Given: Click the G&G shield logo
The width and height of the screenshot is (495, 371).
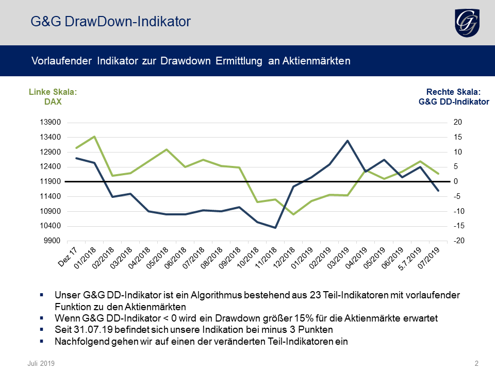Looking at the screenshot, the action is point(467,23).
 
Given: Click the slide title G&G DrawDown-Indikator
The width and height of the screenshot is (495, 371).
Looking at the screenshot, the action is point(110,22).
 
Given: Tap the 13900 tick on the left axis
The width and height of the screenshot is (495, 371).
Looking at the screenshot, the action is point(50,123).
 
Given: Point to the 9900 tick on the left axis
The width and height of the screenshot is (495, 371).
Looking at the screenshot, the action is point(52,241).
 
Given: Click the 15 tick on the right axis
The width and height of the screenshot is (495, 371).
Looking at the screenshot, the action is point(458,137).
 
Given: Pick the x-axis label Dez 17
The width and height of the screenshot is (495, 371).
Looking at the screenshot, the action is point(68,257).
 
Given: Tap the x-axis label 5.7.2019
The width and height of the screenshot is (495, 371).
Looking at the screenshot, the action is point(410,259).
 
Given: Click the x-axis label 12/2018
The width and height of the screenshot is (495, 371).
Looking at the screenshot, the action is point(284,258).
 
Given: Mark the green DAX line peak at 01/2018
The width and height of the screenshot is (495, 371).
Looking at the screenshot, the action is point(94,137).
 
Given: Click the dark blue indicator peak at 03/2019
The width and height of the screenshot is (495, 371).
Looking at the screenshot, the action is point(347,141).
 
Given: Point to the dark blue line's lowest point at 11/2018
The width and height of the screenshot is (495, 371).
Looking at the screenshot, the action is point(275,227).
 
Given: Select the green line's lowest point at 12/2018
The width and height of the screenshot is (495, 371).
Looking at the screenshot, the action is point(293,214).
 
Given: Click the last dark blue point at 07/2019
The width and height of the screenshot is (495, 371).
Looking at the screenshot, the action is point(438,191).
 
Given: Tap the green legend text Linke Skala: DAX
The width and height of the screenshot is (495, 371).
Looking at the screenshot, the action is point(53,97).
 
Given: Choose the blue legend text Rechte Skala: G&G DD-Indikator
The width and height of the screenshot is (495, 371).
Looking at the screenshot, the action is point(454,97).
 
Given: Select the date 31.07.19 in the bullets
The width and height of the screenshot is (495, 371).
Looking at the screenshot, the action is point(93,330).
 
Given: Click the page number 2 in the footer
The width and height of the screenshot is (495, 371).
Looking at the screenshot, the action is point(476,363).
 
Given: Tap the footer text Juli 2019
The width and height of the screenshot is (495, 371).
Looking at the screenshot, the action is point(41,363).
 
